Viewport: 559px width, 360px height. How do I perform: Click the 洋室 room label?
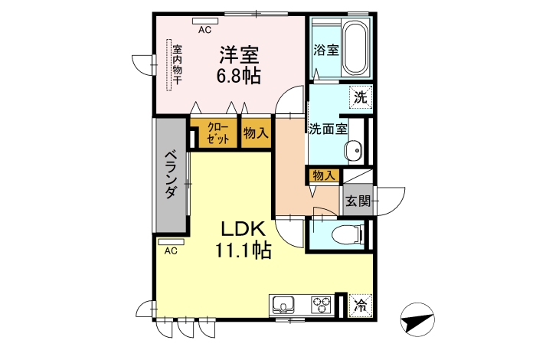point(239,55)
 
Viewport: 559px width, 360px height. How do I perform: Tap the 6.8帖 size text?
point(239,75)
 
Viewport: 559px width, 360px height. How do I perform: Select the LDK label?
point(244,229)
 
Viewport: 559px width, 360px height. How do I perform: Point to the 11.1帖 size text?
point(244,250)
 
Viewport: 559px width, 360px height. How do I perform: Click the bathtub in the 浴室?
point(356,49)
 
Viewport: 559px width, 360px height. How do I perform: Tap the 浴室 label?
point(326,50)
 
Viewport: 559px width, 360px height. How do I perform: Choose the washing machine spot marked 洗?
point(361,97)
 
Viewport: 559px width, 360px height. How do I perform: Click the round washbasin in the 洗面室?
point(353,150)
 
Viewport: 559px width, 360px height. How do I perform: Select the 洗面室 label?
point(328,129)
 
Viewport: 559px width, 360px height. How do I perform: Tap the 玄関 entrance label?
point(358,201)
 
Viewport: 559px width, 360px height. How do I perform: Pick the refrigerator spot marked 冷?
point(361,306)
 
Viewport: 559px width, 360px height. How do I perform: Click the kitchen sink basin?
point(283,306)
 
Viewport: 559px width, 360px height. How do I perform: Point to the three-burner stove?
point(322,306)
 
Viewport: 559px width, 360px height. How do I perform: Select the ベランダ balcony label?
point(171,175)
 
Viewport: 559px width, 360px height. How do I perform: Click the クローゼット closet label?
point(217,133)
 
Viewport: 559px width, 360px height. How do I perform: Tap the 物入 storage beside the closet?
point(256,133)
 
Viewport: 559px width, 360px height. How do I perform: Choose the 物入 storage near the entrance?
point(324,175)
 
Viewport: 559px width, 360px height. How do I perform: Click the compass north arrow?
point(417,319)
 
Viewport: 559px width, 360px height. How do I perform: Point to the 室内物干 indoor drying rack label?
point(177,64)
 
